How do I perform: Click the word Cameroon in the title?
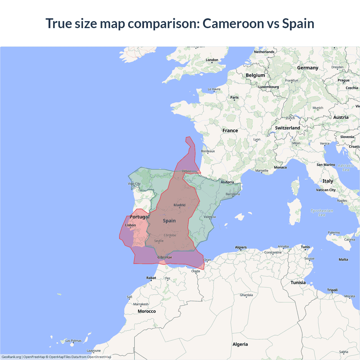(x=233, y=23)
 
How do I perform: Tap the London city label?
(x=212, y=60)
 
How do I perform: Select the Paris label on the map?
(x=234, y=98)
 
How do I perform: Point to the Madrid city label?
(x=179, y=205)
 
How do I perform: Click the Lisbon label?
(x=130, y=225)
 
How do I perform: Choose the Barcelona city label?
(x=233, y=194)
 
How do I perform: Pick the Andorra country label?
(x=227, y=182)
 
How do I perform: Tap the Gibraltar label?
(x=165, y=257)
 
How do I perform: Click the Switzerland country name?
(x=287, y=128)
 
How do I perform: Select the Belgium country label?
(x=255, y=75)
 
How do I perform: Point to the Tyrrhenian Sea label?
(x=322, y=213)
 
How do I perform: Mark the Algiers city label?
(x=241, y=247)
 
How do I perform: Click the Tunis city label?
(x=305, y=247)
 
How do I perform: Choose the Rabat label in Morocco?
(x=151, y=278)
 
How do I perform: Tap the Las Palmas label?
(x=73, y=341)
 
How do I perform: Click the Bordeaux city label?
(x=208, y=151)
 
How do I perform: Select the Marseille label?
(x=262, y=171)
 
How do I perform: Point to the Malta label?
(x=343, y=260)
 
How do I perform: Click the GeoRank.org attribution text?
(x=11, y=357)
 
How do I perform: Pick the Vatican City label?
(x=326, y=190)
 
